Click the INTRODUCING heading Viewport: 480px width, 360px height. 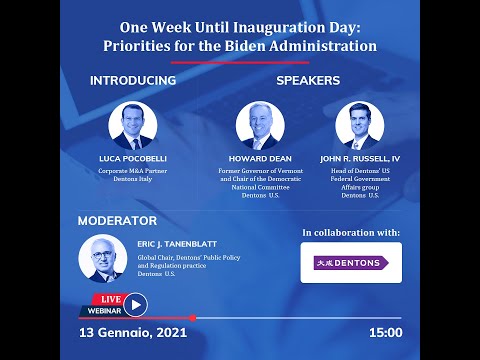pyautogui.click(x=133, y=80)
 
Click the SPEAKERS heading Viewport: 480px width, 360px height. pyautogui.click(x=308, y=80)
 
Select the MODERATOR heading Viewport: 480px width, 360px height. pyautogui.click(x=117, y=221)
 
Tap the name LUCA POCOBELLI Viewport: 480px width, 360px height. pyautogui.click(x=133, y=159)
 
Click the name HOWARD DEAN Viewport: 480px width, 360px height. pyautogui.click(x=260, y=159)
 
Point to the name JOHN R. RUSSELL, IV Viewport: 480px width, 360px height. pyautogui.click(x=360, y=159)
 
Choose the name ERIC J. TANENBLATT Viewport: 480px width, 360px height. pyautogui.click(x=177, y=244)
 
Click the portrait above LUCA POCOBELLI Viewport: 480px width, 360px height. pyautogui.click(x=133, y=126)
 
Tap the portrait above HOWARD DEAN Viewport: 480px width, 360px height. pyautogui.click(x=260, y=126)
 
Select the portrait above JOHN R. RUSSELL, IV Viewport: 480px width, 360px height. pyautogui.click(x=360, y=126)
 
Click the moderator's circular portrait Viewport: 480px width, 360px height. pyautogui.click(x=103, y=258)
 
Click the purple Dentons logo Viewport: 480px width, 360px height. pyautogui.click(x=351, y=263)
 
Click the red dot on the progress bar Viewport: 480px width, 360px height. pyautogui.click(x=192, y=318)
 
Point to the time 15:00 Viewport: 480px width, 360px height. pyautogui.click(x=386, y=332)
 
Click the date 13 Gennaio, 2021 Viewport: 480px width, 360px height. pyautogui.click(x=133, y=333)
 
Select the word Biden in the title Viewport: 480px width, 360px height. pyautogui.click(x=245, y=46)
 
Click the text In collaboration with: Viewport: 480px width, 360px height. pyautogui.click(x=351, y=232)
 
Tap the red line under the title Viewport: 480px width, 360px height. pyautogui.click(x=240, y=62)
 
